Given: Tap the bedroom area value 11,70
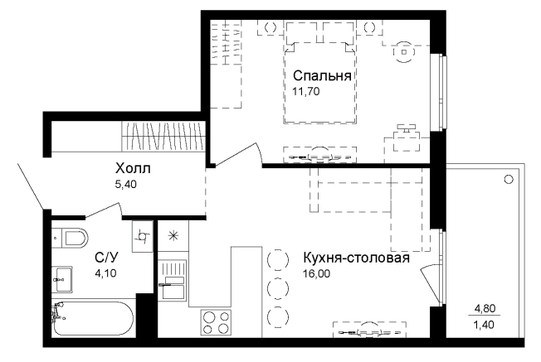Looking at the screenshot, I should (x=306, y=91).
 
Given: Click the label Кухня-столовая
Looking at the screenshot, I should (x=357, y=258).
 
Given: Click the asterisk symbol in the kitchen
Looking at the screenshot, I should (x=173, y=236).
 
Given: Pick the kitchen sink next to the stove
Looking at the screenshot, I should (x=173, y=278).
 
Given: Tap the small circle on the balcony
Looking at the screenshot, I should (x=509, y=178).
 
